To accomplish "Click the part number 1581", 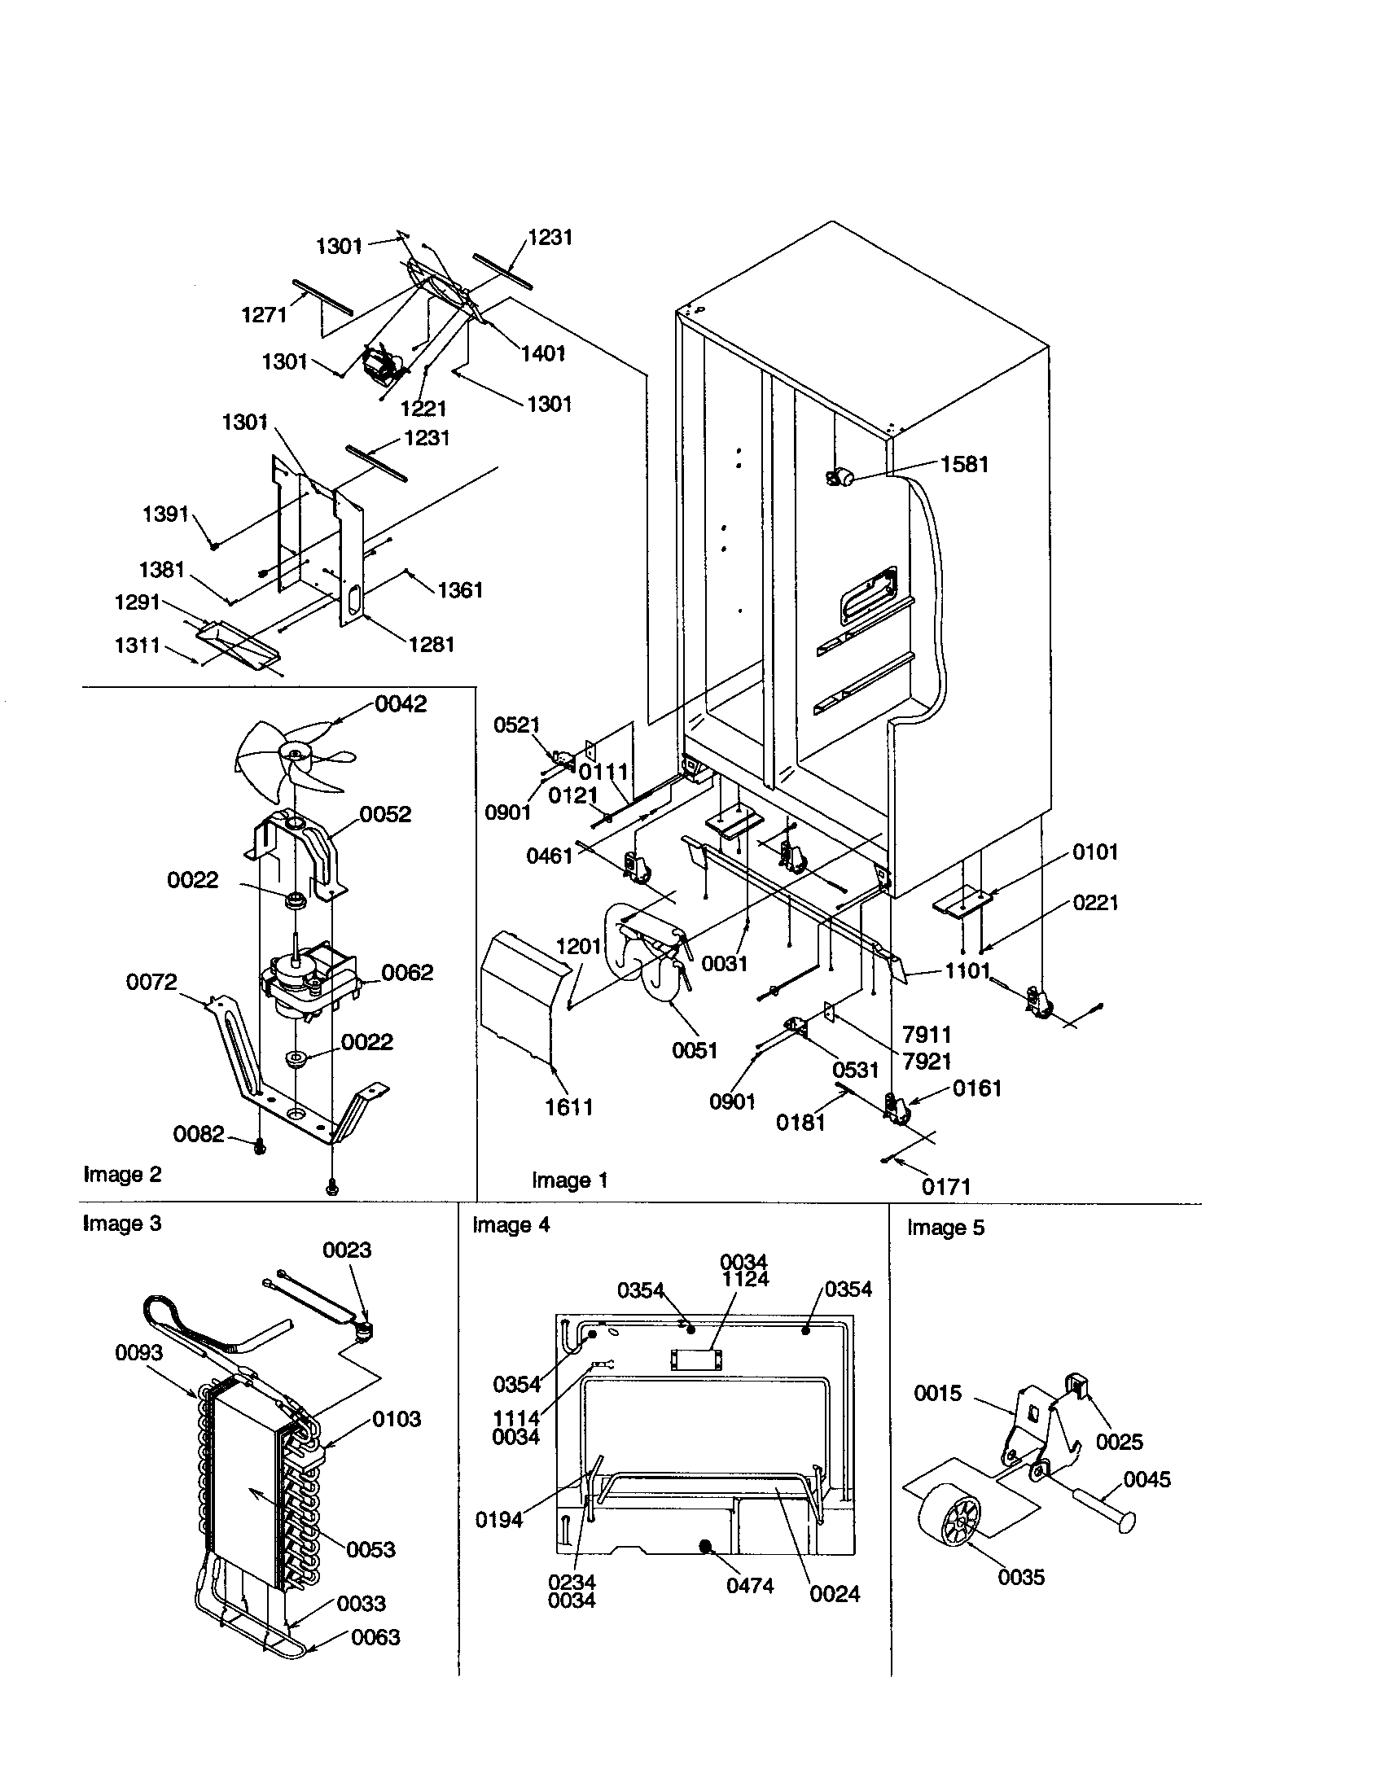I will tap(963, 464).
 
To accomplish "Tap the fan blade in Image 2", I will tap(283, 759).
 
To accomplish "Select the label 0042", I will tap(400, 704).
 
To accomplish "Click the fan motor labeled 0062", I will tap(304, 988).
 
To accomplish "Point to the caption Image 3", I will tap(122, 1224).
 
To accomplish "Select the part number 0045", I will tap(1146, 1480).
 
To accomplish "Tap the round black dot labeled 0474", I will tap(704, 1546).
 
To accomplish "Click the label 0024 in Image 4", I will tap(834, 1594).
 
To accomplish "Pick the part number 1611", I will tap(569, 1107).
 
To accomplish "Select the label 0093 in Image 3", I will tap(138, 1352).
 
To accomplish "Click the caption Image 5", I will tap(945, 1228).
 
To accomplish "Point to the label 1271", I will tap(264, 315).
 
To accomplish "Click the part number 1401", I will tap(543, 353).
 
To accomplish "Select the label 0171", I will tap(945, 1186).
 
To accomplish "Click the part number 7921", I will tap(926, 1061).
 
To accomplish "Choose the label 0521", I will tap(516, 725).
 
